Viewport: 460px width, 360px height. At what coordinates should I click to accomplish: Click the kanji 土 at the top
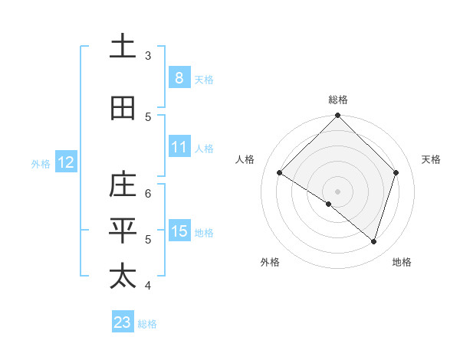pos(122,47)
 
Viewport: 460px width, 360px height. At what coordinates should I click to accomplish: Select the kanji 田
pos(122,109)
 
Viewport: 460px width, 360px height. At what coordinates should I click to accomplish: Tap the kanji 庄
pos(122,185)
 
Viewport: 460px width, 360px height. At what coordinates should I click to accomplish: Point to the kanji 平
pos(122,230)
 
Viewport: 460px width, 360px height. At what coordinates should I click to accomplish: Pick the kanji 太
pos(122,276)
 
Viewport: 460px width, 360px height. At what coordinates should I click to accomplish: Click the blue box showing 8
pos(179,77)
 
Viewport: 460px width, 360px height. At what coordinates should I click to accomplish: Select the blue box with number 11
pos(179,147)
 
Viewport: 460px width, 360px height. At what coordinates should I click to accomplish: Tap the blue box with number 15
pos(179,231)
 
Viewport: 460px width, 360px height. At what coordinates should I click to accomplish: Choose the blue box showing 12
pos(66,162)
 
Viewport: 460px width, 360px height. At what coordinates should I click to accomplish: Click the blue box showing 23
pos(123,322)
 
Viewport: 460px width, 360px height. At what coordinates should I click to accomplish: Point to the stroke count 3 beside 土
pos(148,56)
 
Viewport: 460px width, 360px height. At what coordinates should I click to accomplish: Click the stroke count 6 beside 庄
pos(148,194)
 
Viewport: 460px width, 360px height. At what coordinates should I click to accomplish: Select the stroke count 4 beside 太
pos(148,286)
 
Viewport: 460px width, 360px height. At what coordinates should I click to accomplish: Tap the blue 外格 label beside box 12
pos(41,163)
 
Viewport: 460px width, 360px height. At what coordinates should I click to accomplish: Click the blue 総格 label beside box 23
pos(147,324)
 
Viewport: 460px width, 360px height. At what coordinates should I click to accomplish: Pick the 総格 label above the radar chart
pos(337,100)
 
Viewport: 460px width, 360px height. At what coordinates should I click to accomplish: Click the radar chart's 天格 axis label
pos(431,159)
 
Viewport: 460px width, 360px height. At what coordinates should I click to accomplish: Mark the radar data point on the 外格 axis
pos(329,204)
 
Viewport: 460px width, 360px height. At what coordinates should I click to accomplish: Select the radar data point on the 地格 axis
pos(373,241)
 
